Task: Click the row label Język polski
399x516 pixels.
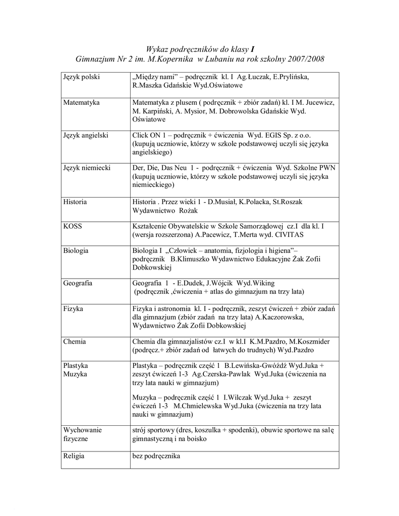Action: (x=81, y=77)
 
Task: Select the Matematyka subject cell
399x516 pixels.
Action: (x=81, y=102)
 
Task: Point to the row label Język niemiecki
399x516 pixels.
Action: (x=87, y=168)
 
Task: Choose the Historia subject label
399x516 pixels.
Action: (x=75, y=202)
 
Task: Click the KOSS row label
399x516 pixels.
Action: (x=73, y=226)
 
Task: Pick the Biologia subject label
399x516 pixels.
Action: (x=76, y=250)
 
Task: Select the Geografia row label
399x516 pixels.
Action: (x=78, y=283)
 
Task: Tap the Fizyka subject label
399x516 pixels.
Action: (x=73, y=308)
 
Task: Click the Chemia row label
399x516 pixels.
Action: (x=75, y=341)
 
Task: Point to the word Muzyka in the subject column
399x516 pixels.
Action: (x=75, y=374)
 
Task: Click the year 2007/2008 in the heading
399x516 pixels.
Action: (x=306, y=59)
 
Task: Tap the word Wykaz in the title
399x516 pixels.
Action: (x=156, y=49)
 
